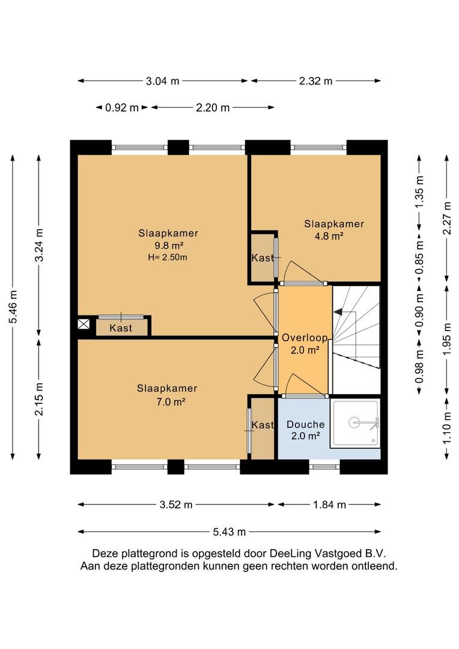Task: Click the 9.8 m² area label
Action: (x=169, y=245)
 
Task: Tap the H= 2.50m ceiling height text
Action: (x=168, y=257)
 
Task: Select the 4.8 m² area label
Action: (x=330, y=236)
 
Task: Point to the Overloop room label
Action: (x=305, y=338)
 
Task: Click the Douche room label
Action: (x=305, y=424)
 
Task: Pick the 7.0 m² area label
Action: (x=170, y=401)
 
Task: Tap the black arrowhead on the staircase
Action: (x=338, y=312)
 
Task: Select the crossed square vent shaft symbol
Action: (x=84, y=324)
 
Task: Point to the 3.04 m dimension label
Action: (x=163, y=81)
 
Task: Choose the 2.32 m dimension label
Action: (x=316, y=81)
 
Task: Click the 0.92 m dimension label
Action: (x=122, y=108)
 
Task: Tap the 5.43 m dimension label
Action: (x=229, y=532)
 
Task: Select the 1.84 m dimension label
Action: (x=329, y=505)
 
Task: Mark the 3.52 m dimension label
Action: (x=176, y=505)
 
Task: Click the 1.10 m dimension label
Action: (x=446, y=428)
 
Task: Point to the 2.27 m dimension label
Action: (x=446, y=218)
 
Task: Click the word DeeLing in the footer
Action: (x=290, y=553)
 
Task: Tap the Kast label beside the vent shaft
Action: (x=121, y=328)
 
